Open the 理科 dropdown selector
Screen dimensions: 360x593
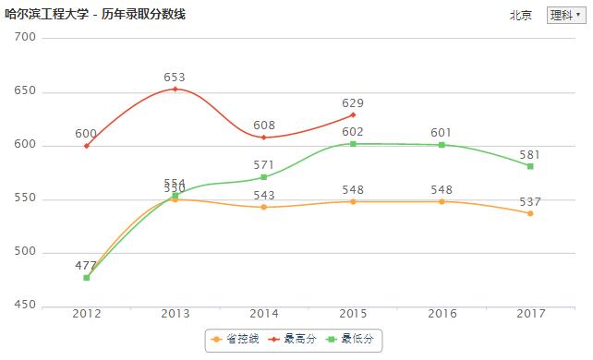[564, 15]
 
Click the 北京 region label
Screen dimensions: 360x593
[521, 16]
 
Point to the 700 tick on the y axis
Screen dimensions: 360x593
[25, 37]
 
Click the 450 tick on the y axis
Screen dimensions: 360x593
[25, 306]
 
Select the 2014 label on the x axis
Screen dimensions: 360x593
[264, 315]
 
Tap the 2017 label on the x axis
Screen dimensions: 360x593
[530, 315]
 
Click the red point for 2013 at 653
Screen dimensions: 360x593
[175, 89]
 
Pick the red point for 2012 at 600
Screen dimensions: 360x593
[87, 146]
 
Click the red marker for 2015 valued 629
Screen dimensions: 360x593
[353, 114]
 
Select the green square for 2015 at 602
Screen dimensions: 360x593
[353, 143]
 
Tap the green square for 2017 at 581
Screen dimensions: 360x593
[530, 166]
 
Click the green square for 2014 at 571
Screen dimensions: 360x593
[264, 176]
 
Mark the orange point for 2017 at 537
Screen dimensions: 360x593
[530, 213]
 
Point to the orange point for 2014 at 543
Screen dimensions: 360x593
[264, 207]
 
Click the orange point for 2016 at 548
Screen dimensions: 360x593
[442, 201]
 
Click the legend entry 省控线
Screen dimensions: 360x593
[236, 340]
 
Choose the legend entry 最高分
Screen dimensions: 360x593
[295, 340]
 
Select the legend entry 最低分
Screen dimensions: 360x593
[352, 340]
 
